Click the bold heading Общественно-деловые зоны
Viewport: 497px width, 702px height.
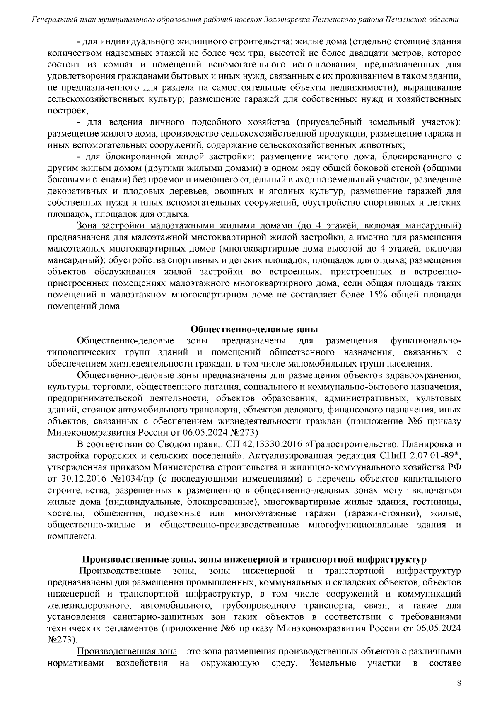254,329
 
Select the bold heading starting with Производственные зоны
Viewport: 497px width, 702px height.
254,560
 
